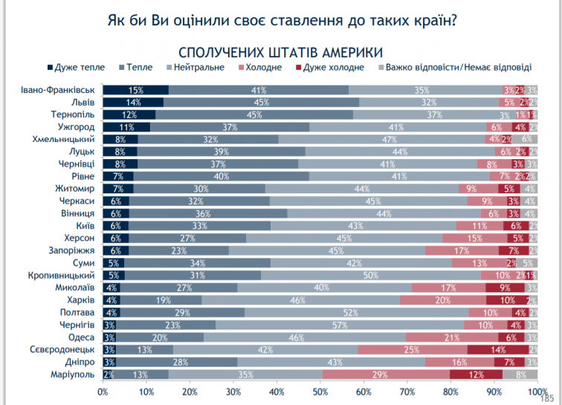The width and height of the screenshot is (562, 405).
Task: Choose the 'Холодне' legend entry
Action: click(263, 68)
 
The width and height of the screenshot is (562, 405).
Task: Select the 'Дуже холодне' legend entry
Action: click(334, 68)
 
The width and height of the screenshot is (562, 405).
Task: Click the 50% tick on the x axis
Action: click(320, 391)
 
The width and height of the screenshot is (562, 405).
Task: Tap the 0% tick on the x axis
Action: click(103, 391)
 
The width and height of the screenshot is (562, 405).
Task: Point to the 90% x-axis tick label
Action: click(494, 391)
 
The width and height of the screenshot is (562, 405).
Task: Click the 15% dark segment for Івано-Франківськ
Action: click(135, 91)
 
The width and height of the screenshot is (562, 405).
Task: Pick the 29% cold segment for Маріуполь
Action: click(386, 375)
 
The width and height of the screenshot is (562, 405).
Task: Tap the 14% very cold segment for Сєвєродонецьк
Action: click(498, 350)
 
